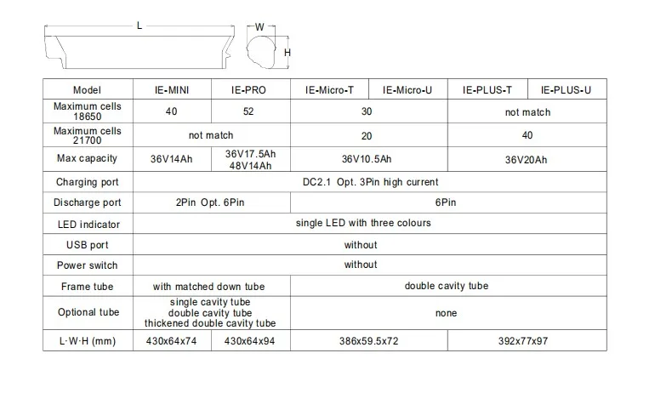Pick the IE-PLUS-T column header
point(487,89)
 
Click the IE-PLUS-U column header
point(567,89)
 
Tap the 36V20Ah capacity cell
point(527,159)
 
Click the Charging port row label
point(88,182)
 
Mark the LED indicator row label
point(88,224)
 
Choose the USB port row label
point(88,245)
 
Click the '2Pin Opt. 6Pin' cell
point(212,202)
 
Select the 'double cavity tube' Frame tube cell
point(446,287)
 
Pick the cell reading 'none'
point(446,313)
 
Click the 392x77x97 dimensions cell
point(527,341)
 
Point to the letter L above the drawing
point(140,25)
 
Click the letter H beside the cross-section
point(288,53)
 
